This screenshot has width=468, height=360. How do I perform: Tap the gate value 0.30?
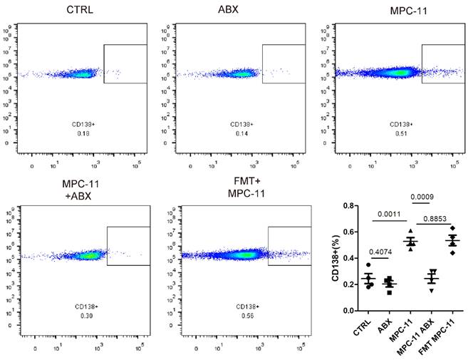(88, 315)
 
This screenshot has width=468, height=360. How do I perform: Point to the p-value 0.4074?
(380, 252)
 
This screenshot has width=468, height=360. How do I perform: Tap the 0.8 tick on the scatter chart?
(349, 206)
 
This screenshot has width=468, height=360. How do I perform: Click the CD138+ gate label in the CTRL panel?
(83, 124)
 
